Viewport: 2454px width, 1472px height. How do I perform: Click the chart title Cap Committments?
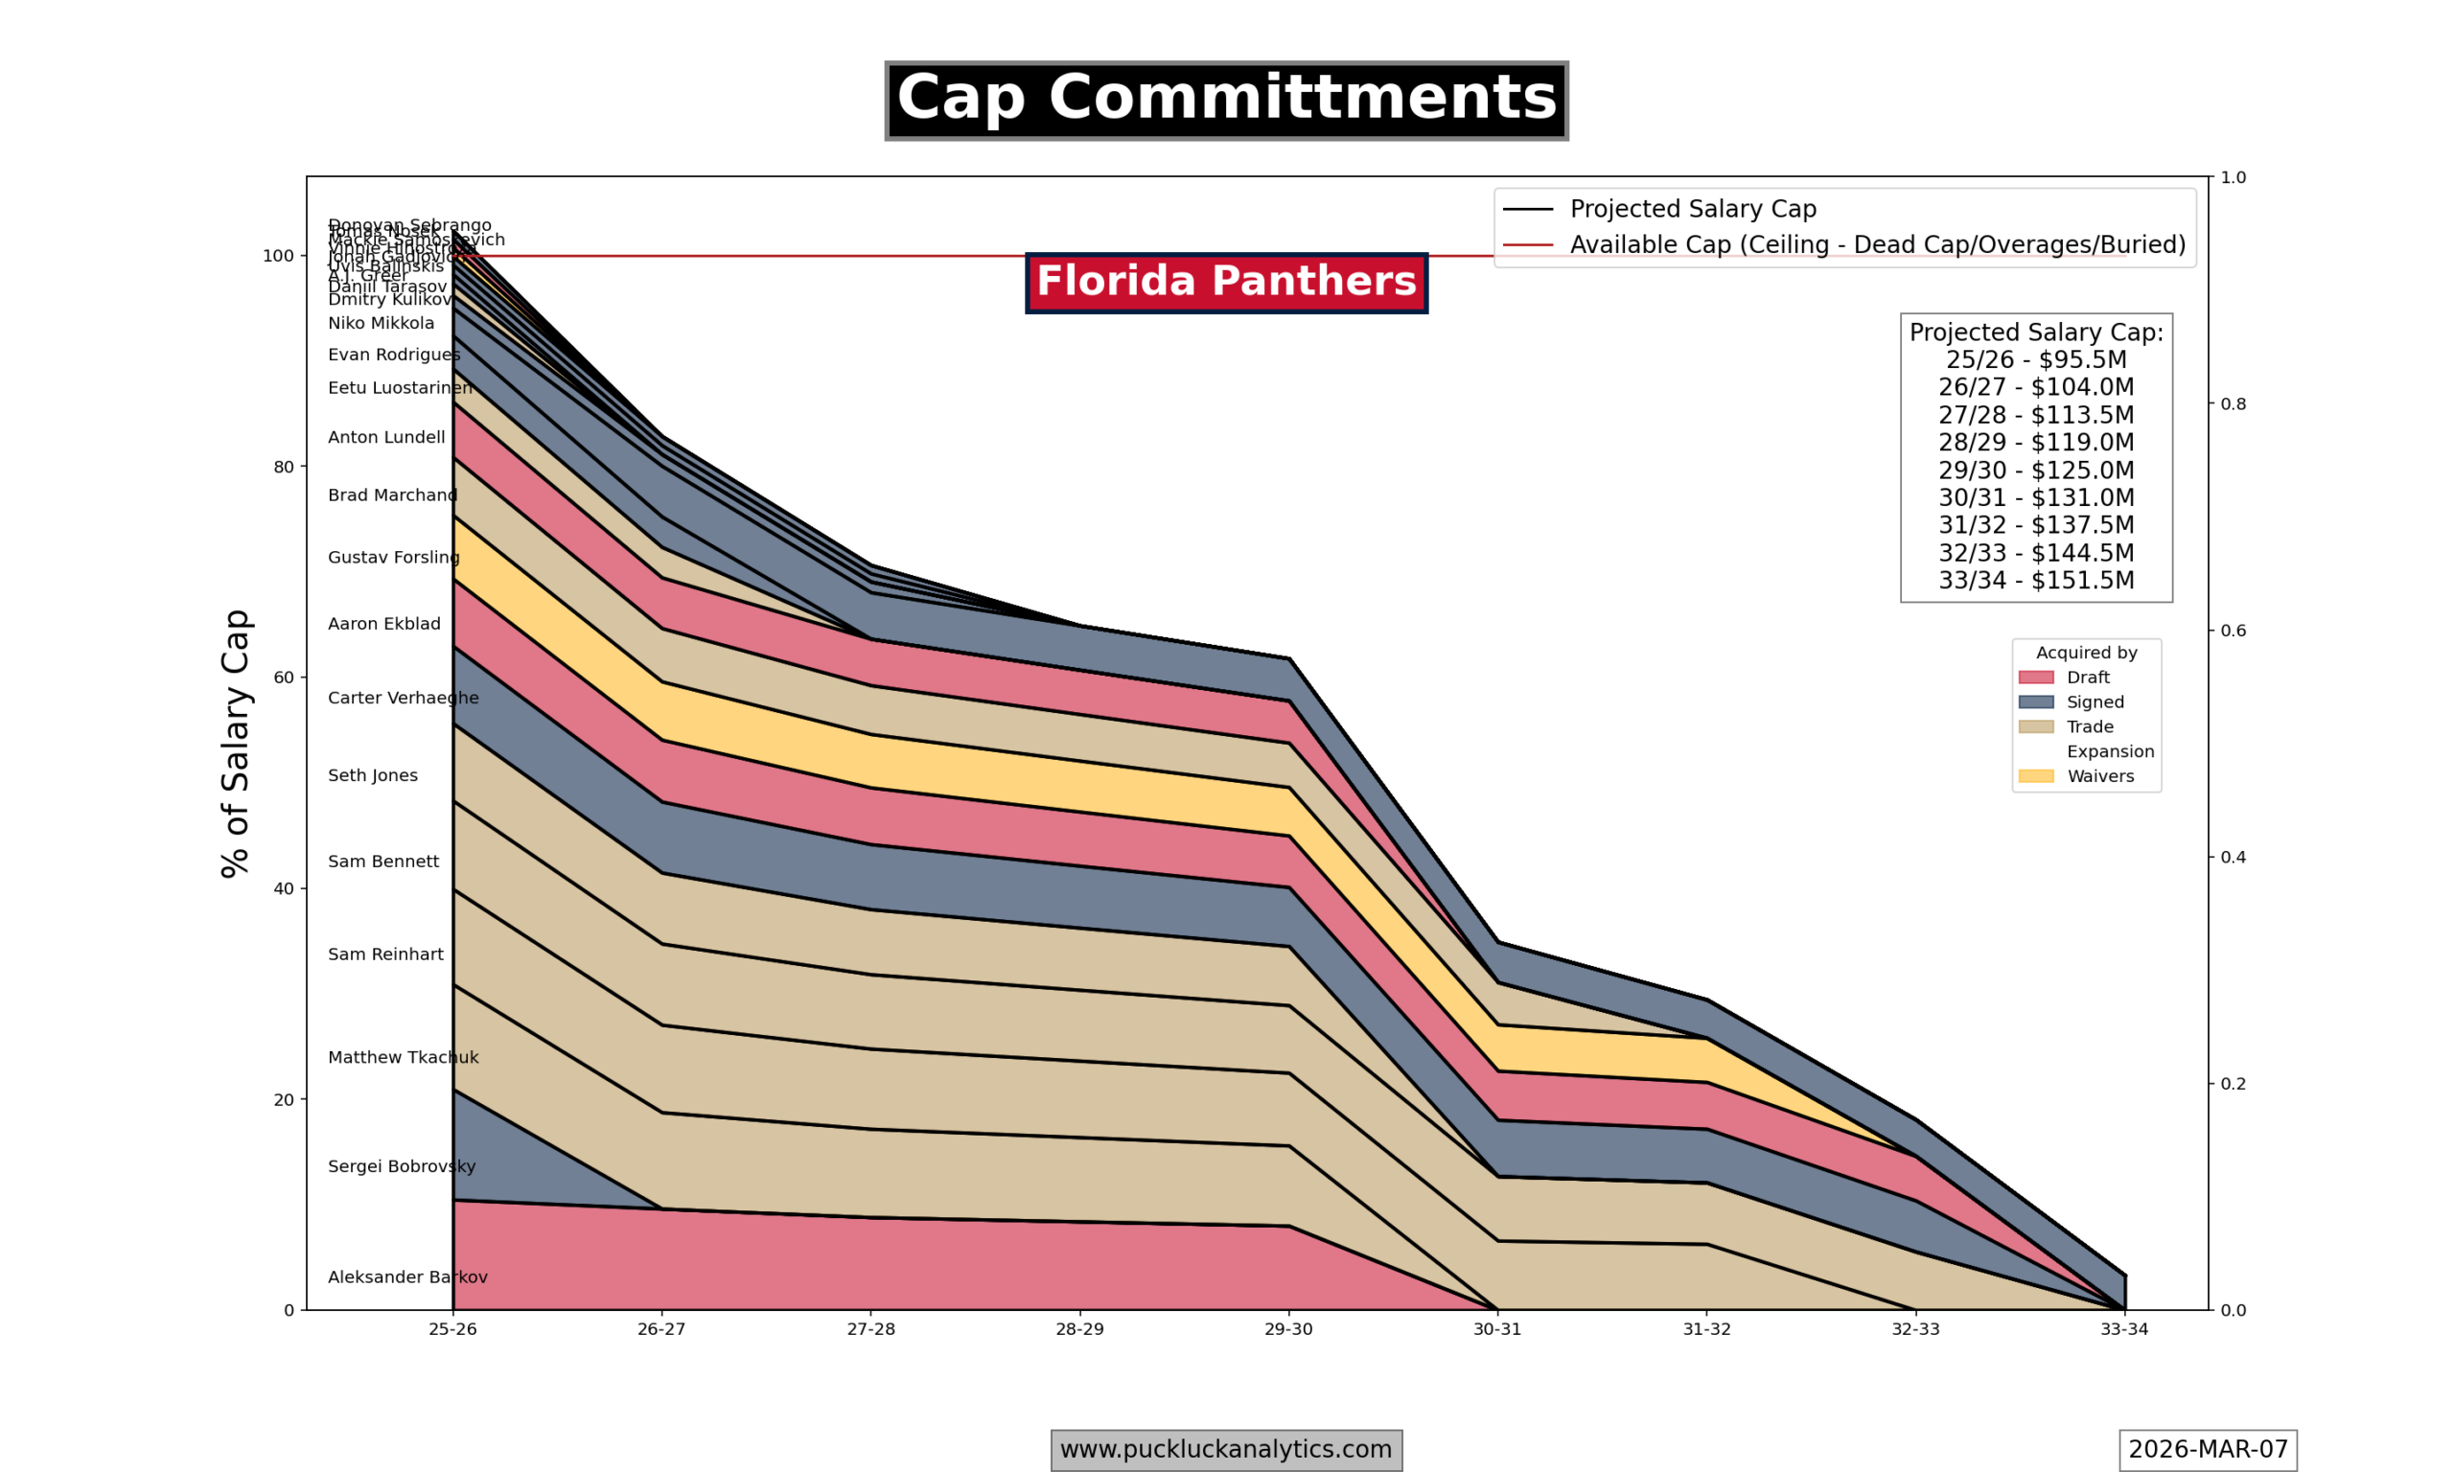[x=1226, y=101]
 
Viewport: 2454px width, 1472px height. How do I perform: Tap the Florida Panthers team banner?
[x=1226, y=283]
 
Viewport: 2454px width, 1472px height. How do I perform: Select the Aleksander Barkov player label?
[x=407, y=1277]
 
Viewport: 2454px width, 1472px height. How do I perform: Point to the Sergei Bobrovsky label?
[x=402, y=1166]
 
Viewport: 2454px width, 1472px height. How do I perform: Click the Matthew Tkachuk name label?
[x=403, y=1057]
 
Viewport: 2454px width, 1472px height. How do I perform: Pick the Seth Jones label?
[x=373, y=775]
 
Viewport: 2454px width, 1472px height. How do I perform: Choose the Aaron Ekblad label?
[x=383, y=624]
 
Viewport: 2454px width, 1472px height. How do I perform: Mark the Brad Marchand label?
[x=392, y=494]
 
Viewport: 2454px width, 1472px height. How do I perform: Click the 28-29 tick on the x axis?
[x=1079, y=1329]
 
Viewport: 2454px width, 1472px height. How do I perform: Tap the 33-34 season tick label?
[x=2123, y=1329]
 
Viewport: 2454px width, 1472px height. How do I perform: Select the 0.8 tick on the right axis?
[x=2233, y=403]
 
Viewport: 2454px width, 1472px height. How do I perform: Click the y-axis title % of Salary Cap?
[x=236, y=743]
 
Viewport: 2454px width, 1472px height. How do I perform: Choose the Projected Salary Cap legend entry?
[x=1692, y=209]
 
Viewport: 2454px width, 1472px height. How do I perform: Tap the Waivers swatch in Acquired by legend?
[x=2035, y=776]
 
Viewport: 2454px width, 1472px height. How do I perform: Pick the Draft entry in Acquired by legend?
[x=2088, y=678]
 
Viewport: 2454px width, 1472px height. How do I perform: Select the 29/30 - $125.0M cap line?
[x=2035, y=471]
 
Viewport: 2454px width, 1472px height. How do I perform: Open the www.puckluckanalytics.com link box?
[x=1226, y=1449]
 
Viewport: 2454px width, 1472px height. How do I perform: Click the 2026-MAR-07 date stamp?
[x=2208, y=1449]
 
